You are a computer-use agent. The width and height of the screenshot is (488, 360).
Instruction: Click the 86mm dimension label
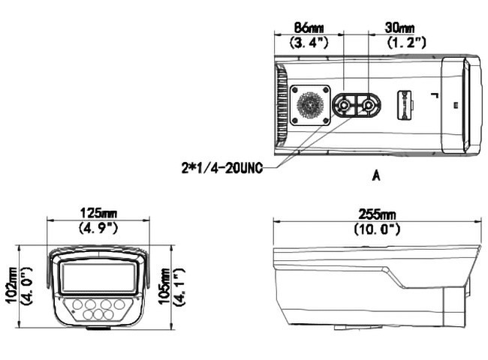[x=309, y=28]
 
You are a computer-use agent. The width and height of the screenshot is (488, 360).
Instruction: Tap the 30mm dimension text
[x=399, y=28]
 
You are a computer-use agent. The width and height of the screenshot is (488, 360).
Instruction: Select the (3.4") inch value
[x=309, y=42]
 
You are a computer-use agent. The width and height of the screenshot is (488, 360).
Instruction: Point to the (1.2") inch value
[x=406, y=42]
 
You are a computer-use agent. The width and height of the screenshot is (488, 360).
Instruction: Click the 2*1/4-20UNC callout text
[x=222, y=168]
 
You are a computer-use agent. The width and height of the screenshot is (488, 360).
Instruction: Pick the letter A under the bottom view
[x=376, y=176]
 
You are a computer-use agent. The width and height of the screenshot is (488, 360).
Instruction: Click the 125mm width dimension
[x=98, y=213]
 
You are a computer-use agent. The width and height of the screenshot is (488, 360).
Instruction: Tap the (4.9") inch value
[x=98, y=228]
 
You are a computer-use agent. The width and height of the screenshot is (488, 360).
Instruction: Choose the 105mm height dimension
[x=164, y=286]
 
